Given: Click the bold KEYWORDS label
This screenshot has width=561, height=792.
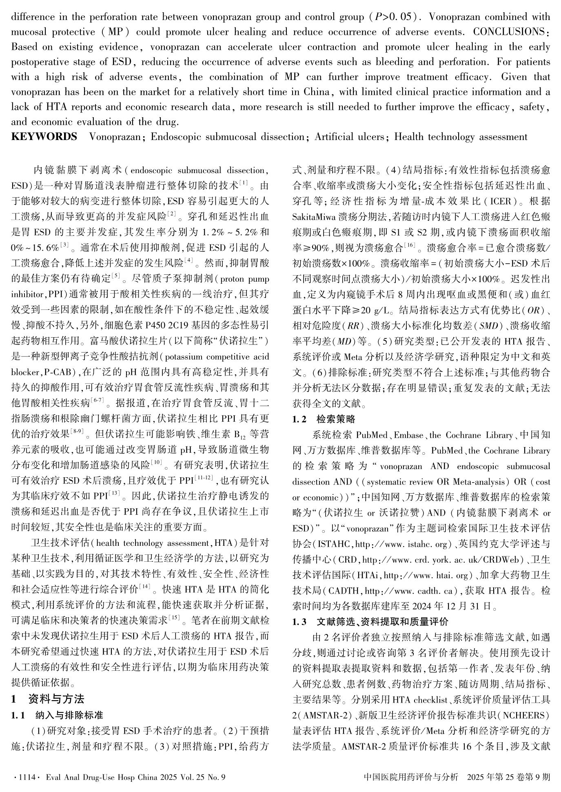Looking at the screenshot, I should (x=44, y=137).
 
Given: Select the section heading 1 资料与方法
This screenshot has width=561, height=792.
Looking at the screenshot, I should (x=48, y=699).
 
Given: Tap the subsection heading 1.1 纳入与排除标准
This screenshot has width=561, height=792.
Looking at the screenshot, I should (x=57, y=715).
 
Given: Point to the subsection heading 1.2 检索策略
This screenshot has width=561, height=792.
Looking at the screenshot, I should (x=324, y=419).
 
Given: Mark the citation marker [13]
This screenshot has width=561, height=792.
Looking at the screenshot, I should (x=115, y=495).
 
